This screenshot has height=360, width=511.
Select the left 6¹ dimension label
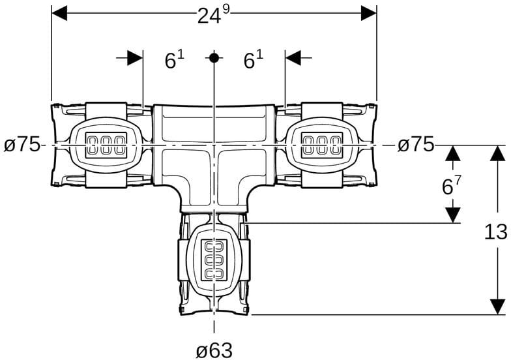174,60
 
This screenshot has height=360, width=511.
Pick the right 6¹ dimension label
254,60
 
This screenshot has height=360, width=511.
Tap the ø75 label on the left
22,145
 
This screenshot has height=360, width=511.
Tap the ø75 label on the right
416,145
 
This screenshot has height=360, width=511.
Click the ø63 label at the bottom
214,350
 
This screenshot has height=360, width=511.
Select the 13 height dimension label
495,232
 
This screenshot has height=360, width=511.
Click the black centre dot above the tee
214,58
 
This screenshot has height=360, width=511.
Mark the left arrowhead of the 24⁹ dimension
59,13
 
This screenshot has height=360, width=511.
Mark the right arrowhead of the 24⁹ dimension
369,13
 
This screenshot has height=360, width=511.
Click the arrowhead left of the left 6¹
135,58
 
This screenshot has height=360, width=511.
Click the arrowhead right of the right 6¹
293,58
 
